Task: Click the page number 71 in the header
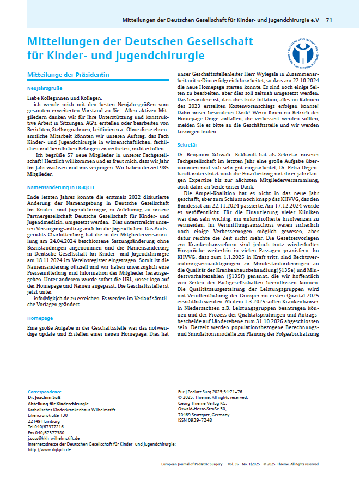pyautogui.click(x=329, y=20)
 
